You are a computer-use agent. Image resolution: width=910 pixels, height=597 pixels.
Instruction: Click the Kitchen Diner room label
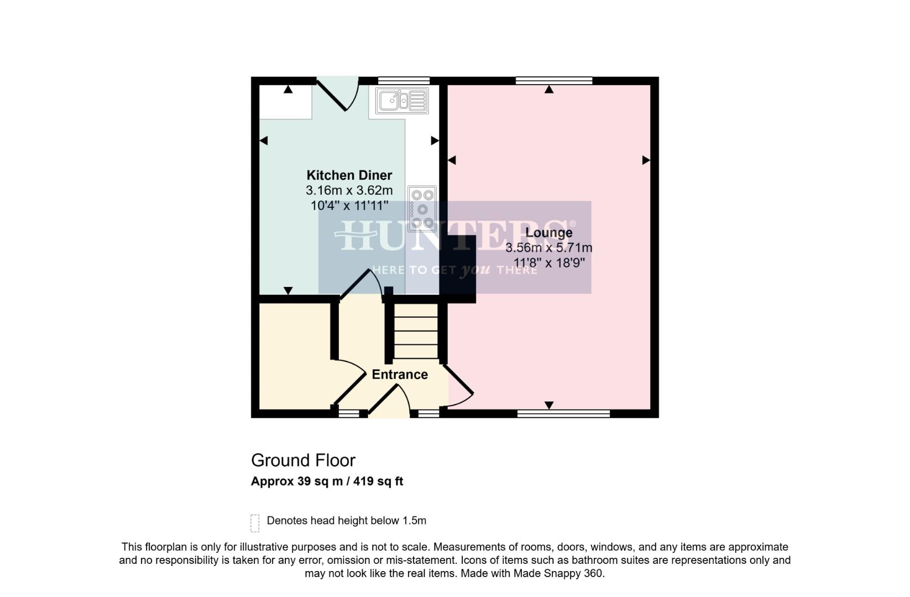pyautogui.click(x=349, y=175)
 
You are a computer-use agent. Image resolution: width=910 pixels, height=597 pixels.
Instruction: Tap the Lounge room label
pyautogui.click(x=548, y=233)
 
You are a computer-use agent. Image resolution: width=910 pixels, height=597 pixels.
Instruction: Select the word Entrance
pyautogui.click(x=399, y=375)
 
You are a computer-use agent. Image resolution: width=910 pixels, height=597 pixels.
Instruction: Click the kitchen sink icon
pyautogui.click(x=402, y=101)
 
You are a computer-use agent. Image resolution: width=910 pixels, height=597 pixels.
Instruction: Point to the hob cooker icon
pyautogui.click(x=422, y=208)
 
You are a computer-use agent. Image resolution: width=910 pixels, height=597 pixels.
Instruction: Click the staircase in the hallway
pyautogui.click(x=416, y=331)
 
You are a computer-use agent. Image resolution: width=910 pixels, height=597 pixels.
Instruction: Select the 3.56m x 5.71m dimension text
pyautogui.click(x=548, y=248)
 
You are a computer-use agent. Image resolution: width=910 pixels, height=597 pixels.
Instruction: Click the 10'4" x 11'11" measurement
pyautogui.click(x=349, y=206)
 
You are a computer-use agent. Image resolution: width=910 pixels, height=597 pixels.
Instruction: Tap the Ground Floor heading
pyautogui.click(x=303, y=460)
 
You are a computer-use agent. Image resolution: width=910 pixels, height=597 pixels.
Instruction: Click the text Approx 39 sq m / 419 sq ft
pyautogui.click(x=327, y=481)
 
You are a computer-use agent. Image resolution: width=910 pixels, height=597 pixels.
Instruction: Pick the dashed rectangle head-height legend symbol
pyautogui.click(x=255, y=522)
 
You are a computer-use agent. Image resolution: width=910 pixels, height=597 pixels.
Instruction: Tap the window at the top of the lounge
pyautogui.click(x=553, y=81)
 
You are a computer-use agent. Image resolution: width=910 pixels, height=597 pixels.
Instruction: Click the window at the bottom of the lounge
pyautogui.click(x=563, y=413)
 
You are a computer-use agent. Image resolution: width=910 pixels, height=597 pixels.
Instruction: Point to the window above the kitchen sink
pyautogui.click(x=404, y=81)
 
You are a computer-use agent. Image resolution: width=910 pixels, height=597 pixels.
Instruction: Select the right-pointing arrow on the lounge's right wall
pyautogui.click(x=646, y=160)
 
